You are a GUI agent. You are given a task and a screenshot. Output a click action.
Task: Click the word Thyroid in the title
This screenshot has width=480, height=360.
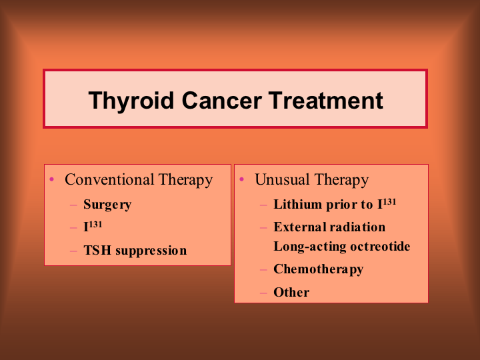[131, 101]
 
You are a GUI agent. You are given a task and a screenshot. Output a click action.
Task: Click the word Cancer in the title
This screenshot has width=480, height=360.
[222, 101]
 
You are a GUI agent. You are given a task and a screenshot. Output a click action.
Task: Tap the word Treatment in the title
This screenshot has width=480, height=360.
[326, 101]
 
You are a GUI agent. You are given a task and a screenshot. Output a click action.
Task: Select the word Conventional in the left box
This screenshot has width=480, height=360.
[109, 179]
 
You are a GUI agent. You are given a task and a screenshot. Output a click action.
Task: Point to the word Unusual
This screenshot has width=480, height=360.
[282, 179]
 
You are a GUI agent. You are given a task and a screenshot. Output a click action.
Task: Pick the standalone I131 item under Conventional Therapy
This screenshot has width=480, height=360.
[93, 227]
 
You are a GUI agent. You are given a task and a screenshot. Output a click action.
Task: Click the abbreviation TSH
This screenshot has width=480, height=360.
[97, 251]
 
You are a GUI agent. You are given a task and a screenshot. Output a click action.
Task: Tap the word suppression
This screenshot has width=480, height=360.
[151, 251]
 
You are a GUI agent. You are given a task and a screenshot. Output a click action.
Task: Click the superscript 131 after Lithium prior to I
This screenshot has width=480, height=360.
[389, 202]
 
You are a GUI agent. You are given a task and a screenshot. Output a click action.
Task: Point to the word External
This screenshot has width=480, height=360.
[300, 227]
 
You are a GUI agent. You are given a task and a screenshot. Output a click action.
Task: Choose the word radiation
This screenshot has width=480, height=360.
[357, 227]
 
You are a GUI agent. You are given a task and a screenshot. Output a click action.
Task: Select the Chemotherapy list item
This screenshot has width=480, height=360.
[319, 270]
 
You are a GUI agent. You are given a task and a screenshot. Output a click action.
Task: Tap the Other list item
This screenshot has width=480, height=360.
[291, 293]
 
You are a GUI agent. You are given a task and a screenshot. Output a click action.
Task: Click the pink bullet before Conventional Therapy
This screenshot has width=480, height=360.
[51, 179]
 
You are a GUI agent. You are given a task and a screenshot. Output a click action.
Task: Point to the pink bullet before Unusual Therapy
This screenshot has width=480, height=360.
[241, 179]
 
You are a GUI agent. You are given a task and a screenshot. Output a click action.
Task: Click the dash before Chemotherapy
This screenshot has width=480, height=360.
[263, 270]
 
